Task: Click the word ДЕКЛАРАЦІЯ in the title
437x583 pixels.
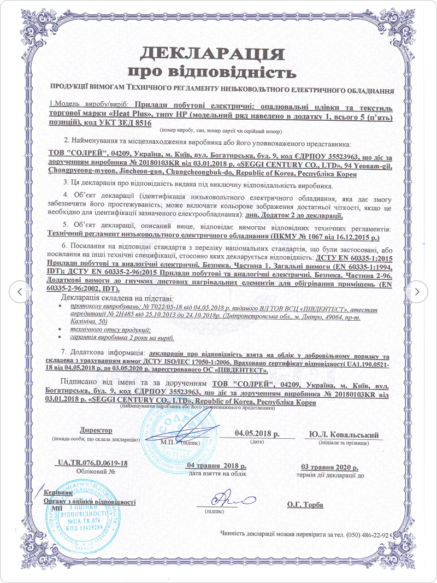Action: click(212, 54)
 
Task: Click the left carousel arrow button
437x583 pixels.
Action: click(20, 292)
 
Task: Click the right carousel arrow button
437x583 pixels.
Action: click(417, 292)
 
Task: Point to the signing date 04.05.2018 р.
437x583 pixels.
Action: click(257, 433)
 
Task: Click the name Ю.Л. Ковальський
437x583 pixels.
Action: click(344, 435)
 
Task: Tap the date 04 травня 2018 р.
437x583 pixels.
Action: click(216, 466)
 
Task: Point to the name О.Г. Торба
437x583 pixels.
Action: click(305, 504)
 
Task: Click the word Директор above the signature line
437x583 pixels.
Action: click(96, 430)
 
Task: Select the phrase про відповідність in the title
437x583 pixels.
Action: click(212, 72)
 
